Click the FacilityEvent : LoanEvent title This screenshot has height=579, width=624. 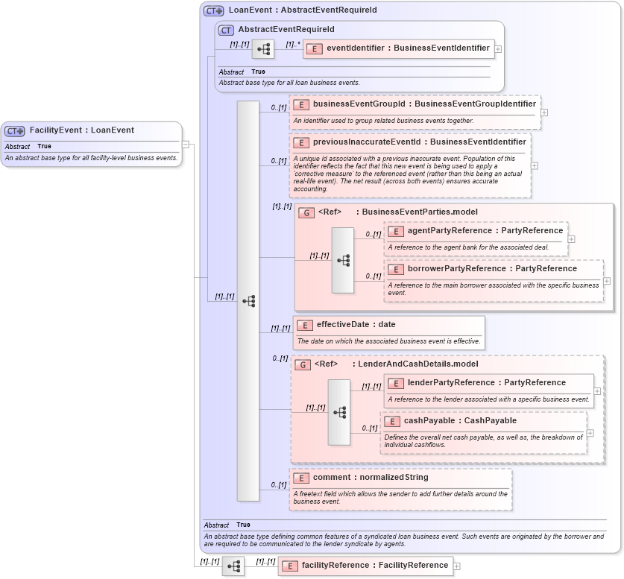point(81,130)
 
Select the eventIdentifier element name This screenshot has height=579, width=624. point(408,48)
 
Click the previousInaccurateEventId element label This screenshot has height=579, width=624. point(419,142)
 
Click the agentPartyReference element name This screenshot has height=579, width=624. point(485,231)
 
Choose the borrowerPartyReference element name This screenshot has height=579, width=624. point(492,268)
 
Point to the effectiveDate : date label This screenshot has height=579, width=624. point(356,325)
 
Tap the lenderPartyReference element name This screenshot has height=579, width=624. point(486,383)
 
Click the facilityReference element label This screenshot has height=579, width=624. point(374,566)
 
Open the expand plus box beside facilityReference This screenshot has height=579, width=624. point(457,566)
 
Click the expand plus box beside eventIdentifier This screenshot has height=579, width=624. point(498,49)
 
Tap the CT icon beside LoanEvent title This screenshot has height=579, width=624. point(214,11)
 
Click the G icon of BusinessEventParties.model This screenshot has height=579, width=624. point(306,212)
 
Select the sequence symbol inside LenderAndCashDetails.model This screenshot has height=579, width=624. point(339,412)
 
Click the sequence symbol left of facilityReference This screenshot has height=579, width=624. point(233,566)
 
